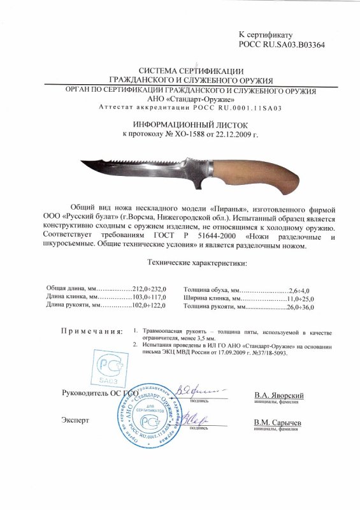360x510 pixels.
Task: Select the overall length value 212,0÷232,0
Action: click(x=148, y=289)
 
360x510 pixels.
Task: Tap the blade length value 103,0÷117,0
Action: click(x=148, y=298)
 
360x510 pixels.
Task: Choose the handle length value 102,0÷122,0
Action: click(x=148, y=307)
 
